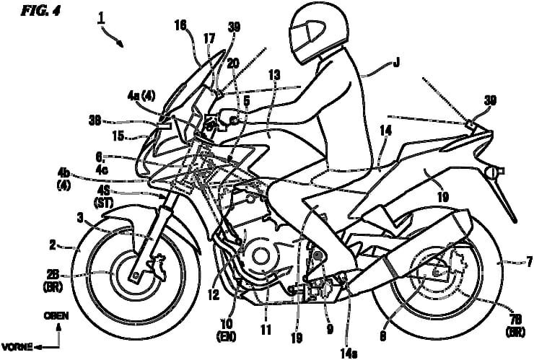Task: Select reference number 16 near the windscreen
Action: coord(180,25)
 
